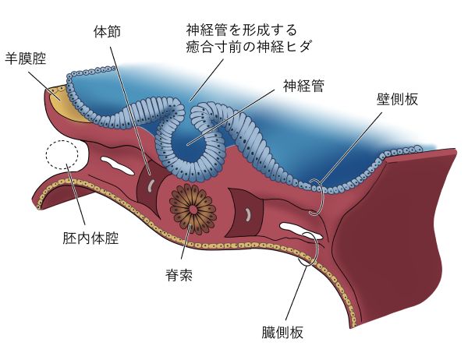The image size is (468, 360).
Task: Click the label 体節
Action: click(x=107, y=32)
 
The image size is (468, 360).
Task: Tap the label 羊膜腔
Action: click(x=26, y=58)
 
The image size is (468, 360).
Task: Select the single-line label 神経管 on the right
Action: click(x=303, y=86)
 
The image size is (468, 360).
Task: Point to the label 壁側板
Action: click(x=397, y=99)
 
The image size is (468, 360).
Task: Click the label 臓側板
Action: click(x=282, y=332)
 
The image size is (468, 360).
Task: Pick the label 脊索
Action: click(x=179, y=275)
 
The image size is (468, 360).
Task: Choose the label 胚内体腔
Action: click(x=90, y=238)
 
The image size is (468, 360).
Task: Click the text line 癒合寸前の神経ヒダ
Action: click(x=249, y=47)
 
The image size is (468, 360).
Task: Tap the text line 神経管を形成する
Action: click(x=242, y=30)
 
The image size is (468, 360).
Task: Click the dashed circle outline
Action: click(x=62, y=140)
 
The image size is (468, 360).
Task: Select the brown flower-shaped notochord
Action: click(x=193, y=210)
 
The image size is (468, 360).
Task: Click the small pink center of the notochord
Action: click(x=193, y=210)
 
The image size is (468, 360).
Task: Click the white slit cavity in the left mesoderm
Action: click(x=117, y=165)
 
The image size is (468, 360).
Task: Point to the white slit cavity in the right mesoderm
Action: click(x=301, y=229)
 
